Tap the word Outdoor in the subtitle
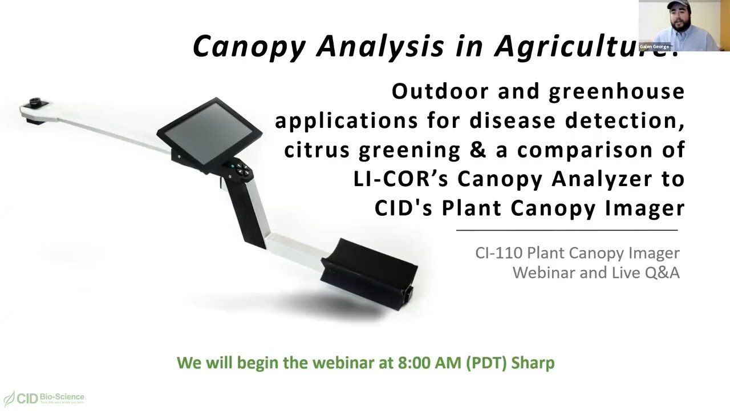pos(440,91)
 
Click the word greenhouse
pos(617,91)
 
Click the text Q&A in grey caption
pos(662,273)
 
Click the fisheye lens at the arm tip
pos(36,103)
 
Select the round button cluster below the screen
pos(239,168)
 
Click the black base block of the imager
pos(369,271)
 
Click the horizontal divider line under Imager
pos(566,230)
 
